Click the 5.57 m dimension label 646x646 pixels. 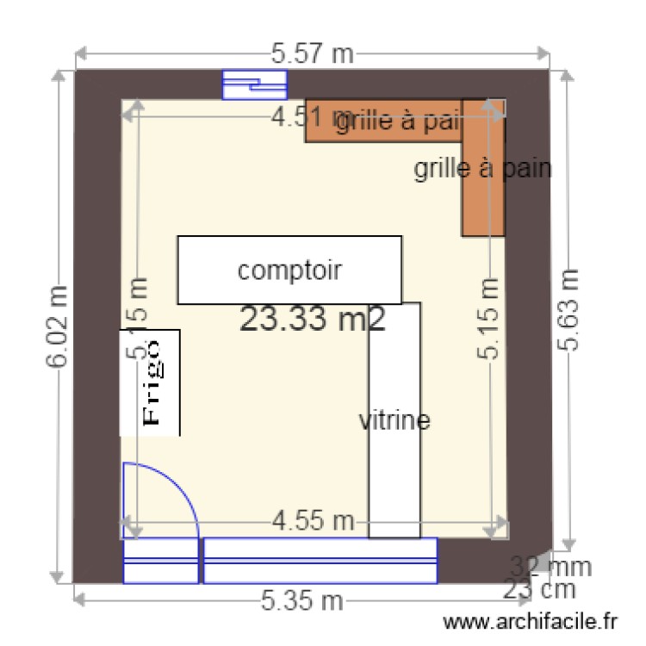tap(313, 54)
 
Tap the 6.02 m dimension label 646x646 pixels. tap(58, 326)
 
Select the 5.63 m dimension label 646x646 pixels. tap(568, 310)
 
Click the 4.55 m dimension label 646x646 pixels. tap(313, 520)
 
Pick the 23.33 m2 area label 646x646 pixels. tap(312, 320)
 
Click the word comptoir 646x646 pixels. tap(290, 270)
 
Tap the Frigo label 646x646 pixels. tap(152, 381)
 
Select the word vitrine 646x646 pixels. tap(394, 421)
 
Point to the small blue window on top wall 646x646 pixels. tap(254, 85)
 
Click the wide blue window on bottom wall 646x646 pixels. tap(320, 561)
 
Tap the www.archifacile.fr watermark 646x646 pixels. tap(531, 621)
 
